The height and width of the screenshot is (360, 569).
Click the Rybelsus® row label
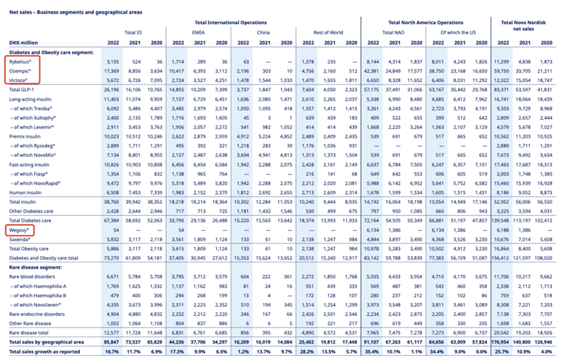(21, 62)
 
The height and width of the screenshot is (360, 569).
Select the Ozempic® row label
(21, 71)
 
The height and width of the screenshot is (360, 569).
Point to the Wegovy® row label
(19, 231)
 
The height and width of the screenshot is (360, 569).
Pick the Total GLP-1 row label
(24, 90)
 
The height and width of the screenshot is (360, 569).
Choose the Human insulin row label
(26, 192)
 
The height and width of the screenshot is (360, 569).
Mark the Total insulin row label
(24, 202)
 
